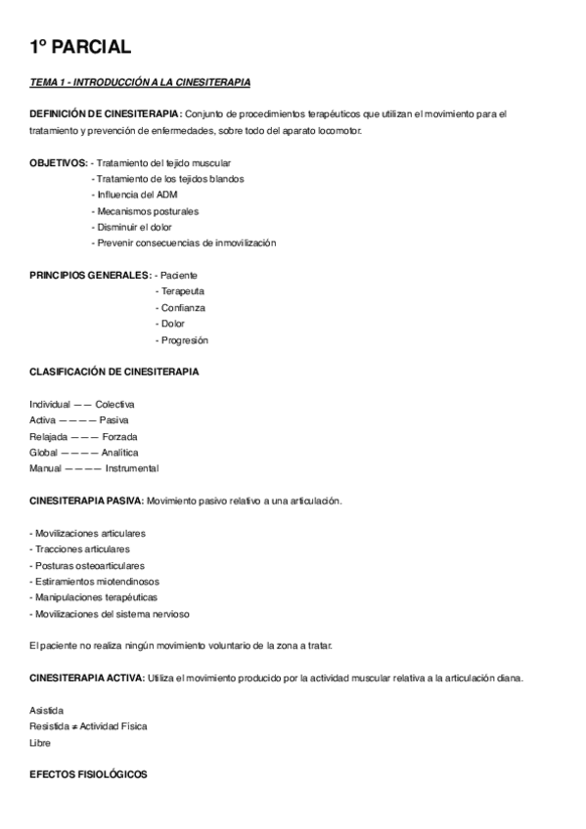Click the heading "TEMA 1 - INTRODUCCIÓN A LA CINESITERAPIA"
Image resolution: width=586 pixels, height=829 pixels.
point(140,82)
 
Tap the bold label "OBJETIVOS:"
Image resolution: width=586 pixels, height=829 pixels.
point(59,162)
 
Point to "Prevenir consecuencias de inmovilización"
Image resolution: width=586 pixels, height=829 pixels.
point(185,242)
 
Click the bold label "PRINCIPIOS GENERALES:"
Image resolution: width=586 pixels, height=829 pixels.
point(90,275)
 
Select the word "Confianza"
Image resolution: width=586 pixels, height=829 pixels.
point(183,307)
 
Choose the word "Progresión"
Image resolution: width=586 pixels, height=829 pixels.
point(184,339)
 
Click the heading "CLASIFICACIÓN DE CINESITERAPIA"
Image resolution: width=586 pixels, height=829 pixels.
point(113,371)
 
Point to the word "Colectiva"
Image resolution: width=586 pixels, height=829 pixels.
point(114,404)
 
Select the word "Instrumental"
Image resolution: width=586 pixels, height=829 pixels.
point(132,468)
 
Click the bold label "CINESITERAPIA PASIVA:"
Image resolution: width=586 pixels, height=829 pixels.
point(86,501)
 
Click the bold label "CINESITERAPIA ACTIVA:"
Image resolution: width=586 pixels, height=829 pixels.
point(86,677)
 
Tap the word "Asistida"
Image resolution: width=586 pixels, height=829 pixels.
point(48,710)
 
